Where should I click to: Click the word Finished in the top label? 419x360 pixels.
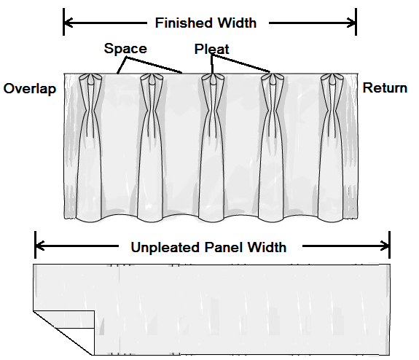tap(184, 23)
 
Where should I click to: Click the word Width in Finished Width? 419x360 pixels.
tap(237, 23)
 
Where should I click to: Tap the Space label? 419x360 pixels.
tap(125, 49)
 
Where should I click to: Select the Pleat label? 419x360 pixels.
tap(211, 49)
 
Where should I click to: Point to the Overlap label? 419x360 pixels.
tap(30, 89)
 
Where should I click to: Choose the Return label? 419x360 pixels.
tap(385, 88)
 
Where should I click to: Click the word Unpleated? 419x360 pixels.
tap(165, 248)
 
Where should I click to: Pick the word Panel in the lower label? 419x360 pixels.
tap(224, 247)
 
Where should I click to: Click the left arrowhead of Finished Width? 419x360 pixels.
tap(68, 23)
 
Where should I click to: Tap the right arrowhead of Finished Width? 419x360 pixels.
tap(351, 23)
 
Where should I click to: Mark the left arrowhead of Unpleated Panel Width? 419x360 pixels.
tap(40, 246)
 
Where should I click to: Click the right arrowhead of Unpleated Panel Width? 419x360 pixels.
tap(385, 246)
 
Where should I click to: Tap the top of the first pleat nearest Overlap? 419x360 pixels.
tap(90, 79)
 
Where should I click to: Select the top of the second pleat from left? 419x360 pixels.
tap(152, 79)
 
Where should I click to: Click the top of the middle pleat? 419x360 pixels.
tap(213, 79)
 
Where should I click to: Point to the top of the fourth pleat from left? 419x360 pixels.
tap(273, 79)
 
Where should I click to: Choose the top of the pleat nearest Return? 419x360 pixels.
tap(332, 79)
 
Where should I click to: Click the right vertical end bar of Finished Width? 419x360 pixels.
tap(356, 22)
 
